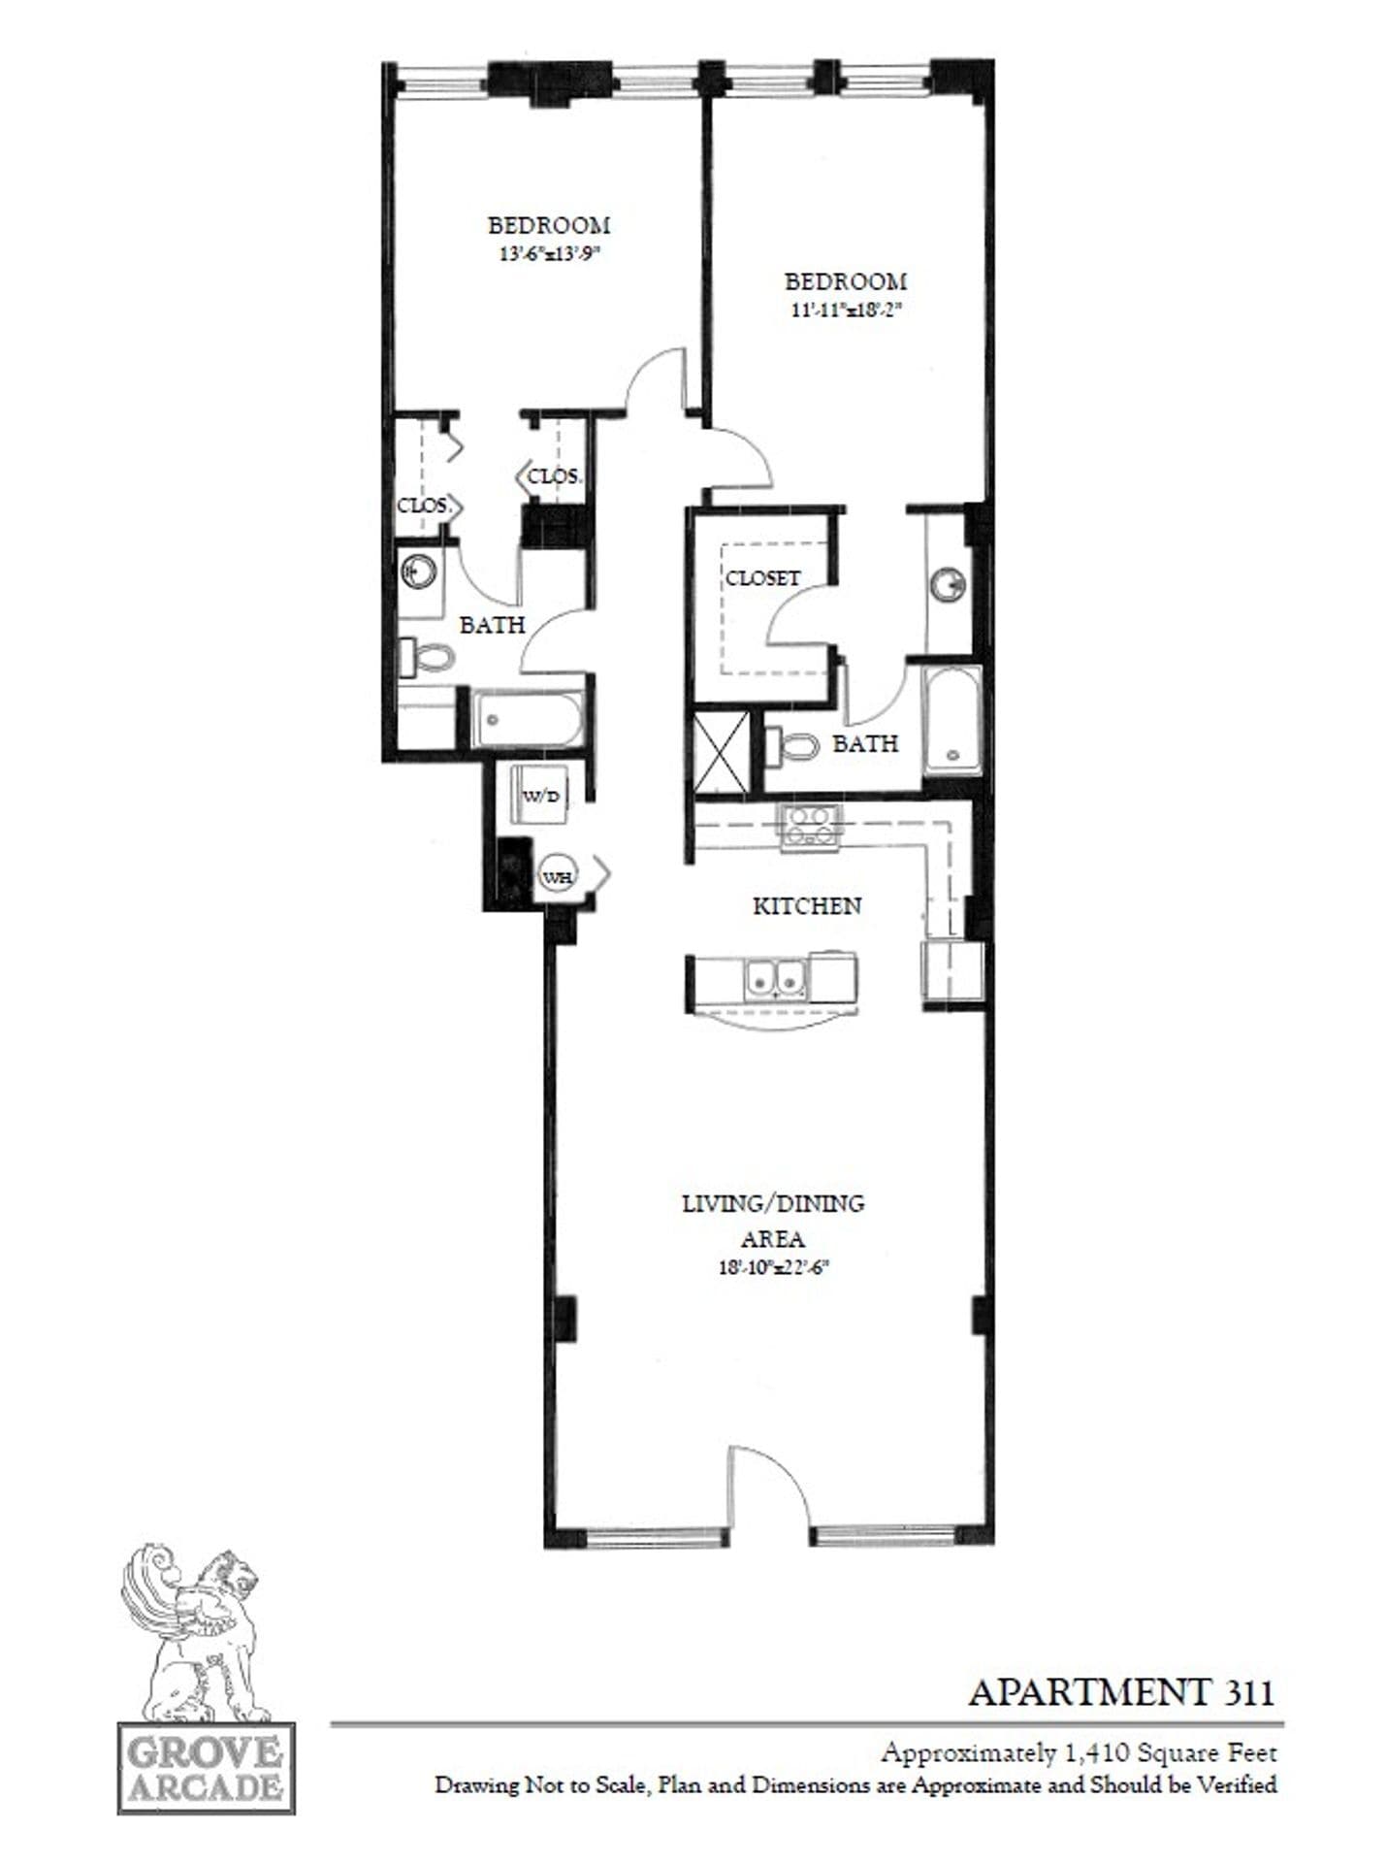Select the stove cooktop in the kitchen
coord(810,827)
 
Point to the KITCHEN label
coord(807,905)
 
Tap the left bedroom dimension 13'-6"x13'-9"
coord(549,254)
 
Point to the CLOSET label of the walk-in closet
coord(763,577)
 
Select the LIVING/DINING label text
coord(773,1203)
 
